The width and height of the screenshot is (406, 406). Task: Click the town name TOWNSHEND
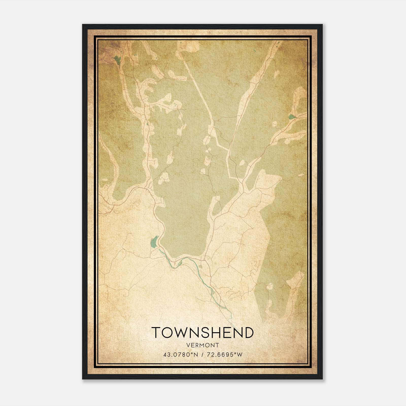pos(202,332)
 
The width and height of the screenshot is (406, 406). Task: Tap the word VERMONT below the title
pos(202,345)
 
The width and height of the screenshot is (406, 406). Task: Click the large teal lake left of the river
pos(154,242)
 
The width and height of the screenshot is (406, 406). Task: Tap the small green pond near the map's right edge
pos(291,117)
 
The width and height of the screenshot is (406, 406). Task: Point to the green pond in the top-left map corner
pos(117,60)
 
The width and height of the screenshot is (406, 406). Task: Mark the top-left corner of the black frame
pos(83,25)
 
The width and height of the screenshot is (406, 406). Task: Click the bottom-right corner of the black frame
pos(322,379)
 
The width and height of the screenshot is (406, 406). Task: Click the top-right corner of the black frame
pos(322,25)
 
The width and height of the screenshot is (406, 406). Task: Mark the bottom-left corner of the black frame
pos(83,379)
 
